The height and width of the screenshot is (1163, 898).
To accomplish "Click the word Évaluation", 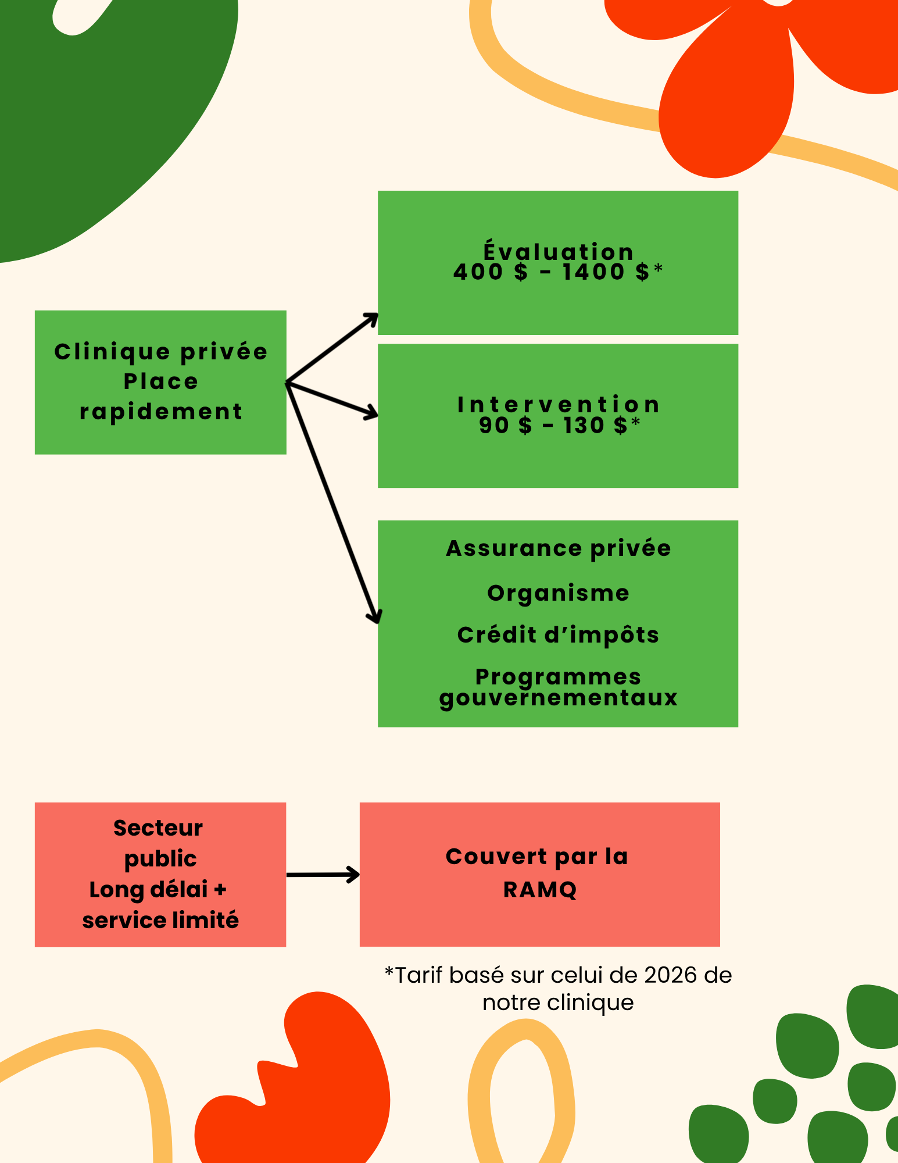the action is pyautogui.click(x=558, y=251).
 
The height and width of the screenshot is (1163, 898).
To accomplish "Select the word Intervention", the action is pyautogui.click(x=558, y=404).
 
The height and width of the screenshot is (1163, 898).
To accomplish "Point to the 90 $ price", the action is pyautogui.click(x=505, y=426).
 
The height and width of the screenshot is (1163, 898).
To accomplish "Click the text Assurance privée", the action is pyautogui.click(x=558, y=548).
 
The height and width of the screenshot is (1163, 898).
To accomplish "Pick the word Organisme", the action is pyautogui.click(x=558, y=593).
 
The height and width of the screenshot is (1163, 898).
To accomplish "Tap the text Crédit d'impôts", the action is pyautogui.click(x=558, y=635).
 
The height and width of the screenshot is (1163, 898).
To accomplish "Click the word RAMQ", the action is pyautogui.click(x=540, y=890).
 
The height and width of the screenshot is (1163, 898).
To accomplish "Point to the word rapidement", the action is pyautogui.click(x=160, y=412).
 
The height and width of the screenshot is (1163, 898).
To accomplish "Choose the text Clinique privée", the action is pyautogui.click(x=160, y=352).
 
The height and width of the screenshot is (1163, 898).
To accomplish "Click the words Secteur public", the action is pyautogui.click(x=159, y=843).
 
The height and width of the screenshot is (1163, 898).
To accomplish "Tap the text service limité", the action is pyautogui.click(x=160, y=921).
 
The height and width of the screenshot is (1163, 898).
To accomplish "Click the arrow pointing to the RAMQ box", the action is pyautogui.click(x=323, y=875).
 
